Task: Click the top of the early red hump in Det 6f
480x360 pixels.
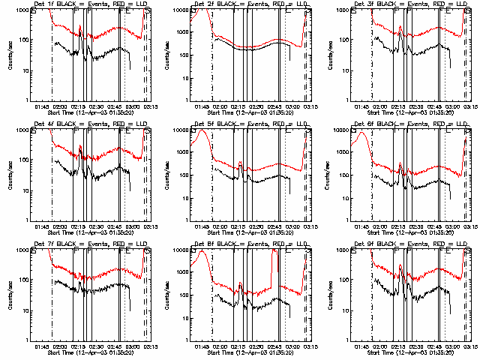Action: coord(361,133)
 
